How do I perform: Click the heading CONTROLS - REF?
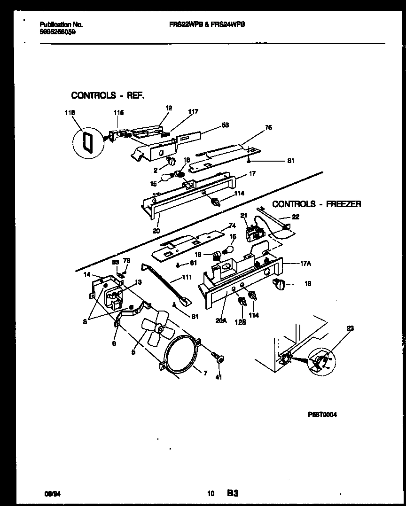[x=108, y=95]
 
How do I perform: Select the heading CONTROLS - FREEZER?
[x=317, y=204]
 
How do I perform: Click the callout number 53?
[x=225, y=125]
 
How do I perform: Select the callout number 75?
[x=268, y=127]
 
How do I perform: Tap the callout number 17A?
[x=305, y=264]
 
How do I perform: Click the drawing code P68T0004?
[x=322, y=415]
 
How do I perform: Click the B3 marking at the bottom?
[x=233, y=493]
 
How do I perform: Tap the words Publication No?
[x=55, y=24]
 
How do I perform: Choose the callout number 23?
[x=351, y=328]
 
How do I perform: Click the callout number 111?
[x=187, y=278]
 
